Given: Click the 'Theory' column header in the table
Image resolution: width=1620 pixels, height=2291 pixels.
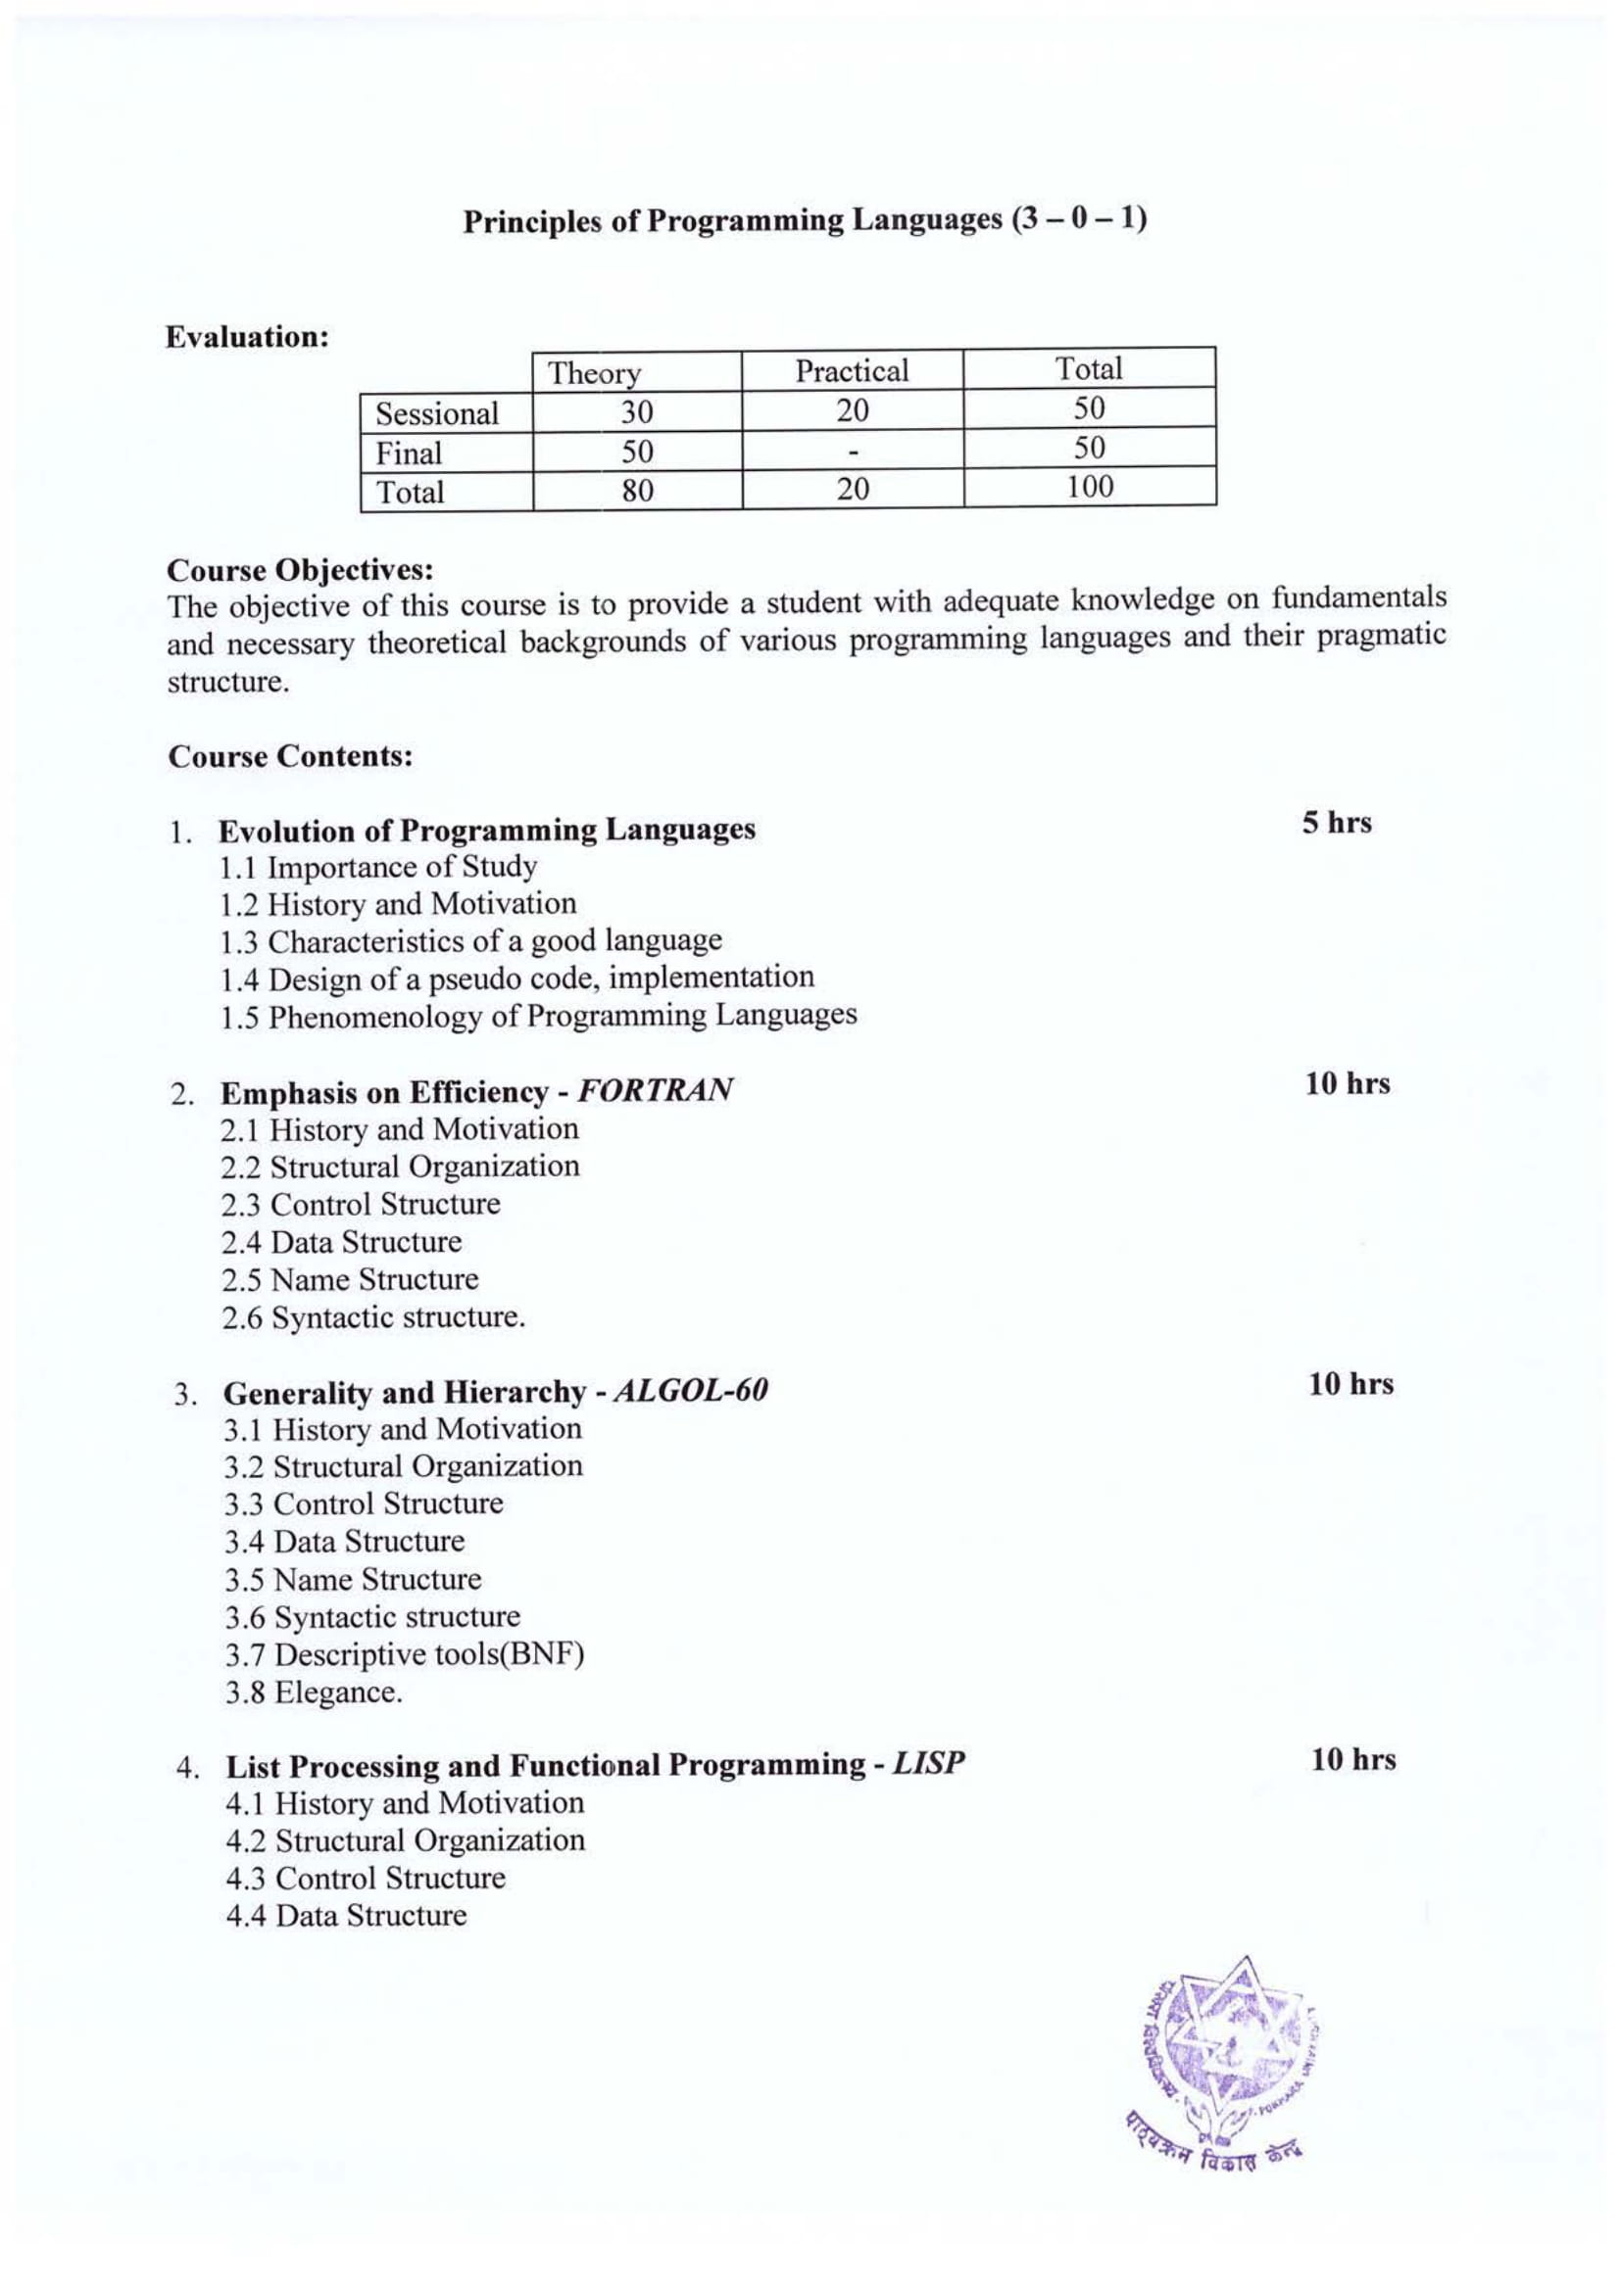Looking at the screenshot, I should (x=594, y=372).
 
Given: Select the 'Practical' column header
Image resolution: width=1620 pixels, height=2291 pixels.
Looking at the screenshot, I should (x=852, y=370).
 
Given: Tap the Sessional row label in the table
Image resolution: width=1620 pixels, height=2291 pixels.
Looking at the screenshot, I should (x=436, y=413).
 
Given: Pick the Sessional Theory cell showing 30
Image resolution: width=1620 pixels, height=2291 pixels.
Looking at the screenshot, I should (x=636, y=411).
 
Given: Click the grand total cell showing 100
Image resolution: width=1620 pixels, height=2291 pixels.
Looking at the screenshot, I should (x=1088, y=487).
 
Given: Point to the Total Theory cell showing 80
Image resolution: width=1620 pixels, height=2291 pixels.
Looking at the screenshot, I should (x=637, y=490).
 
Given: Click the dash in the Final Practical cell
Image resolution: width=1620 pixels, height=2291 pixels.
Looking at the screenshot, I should (x=853, y=451).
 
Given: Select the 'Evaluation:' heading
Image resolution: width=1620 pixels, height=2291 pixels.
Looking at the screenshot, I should (x=248, y=337).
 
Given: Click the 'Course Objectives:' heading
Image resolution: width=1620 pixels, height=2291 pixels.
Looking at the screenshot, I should (x=301, y=570).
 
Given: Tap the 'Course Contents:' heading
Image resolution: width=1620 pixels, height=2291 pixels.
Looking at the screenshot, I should (x=290, y=756).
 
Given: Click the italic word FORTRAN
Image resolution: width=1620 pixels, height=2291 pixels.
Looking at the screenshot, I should (x=655, y=1089).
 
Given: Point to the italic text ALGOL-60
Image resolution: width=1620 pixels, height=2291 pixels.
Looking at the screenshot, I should (x=690, y=1390).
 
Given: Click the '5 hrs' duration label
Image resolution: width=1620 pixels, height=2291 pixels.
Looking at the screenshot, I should (x=1336, y=823).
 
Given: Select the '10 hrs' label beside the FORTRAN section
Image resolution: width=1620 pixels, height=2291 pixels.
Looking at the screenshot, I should (x=1348, y=1083).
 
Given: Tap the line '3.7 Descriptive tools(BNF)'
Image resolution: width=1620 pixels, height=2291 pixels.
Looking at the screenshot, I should (x=404, y=1653).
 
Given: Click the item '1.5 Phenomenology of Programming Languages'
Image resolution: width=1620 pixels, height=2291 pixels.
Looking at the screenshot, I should (x=538, y=1016).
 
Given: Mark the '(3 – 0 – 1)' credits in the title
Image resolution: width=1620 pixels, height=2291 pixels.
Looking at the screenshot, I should (x=1079, y=218).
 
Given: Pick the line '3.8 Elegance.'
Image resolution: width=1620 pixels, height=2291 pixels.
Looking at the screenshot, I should (x=314, y=1692).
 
